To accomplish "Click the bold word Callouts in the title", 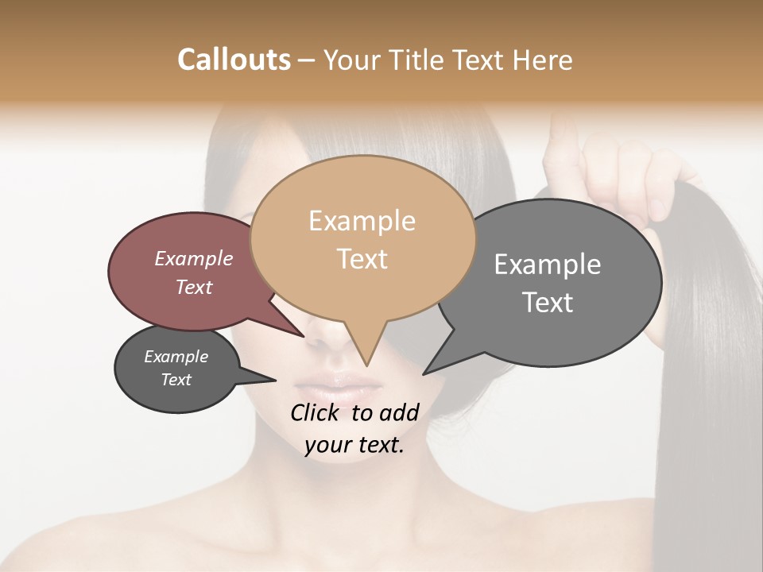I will click(x=234, y=60).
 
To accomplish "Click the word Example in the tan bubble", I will click(x=362, y=221).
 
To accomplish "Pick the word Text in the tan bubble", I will click(x=362, y=258).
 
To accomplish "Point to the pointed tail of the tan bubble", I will click(x=367, y=363).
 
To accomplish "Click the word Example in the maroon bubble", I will click(x=193, y=258).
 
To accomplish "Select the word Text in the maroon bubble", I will click(x=193, y=287).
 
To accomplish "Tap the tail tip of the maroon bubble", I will click(x=303, y=336).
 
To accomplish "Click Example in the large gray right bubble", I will click(x=548, y=265).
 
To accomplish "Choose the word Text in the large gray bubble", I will click(x=548, y=302).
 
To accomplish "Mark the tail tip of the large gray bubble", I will click(x=424, y=373).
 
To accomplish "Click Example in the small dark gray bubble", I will click(x=176, y=357).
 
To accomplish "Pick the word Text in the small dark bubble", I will click(x=176, y=380).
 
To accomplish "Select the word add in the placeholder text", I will click(x=398, y=412).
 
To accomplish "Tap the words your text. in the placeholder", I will click(x=354, y=445).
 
